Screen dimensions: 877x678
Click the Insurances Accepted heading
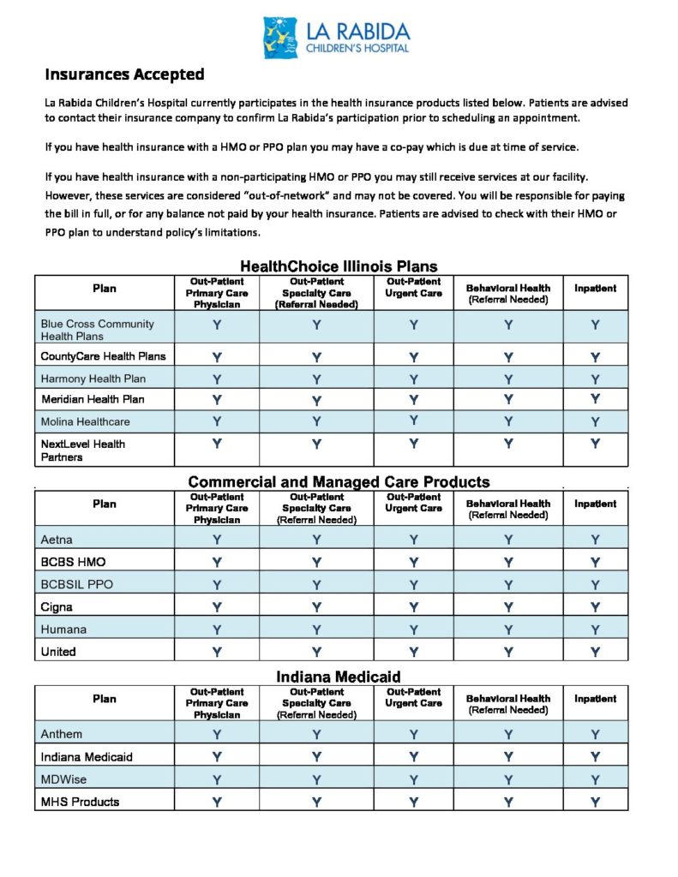tap(124, 75)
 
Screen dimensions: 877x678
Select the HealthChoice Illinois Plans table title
tap(339, 266)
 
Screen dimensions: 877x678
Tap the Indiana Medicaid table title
tap(339, 677)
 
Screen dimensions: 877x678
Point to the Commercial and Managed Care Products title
tap(339, 482)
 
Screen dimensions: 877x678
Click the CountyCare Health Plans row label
tap(103, 355)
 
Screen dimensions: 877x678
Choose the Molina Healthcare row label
tap(85, 421)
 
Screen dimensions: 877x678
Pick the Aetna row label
tap(57, 540)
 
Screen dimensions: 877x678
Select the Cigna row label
tap(57, 606)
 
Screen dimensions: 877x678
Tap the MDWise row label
tap(63, 779)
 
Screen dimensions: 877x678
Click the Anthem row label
tap(62, 734)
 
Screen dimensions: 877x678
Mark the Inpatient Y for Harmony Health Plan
tap(595, 379)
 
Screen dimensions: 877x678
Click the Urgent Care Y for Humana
tap(413, 629)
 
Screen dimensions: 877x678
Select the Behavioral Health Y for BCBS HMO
tap(508, 562)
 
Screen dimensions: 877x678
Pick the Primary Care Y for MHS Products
tap(217, 802)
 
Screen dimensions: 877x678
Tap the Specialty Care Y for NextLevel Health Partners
tap(316, 444)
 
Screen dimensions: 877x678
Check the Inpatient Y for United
tap(595, 651)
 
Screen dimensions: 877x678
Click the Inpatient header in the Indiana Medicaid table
tap(595, 699)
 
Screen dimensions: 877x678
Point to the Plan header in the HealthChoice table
tap(104, 289)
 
